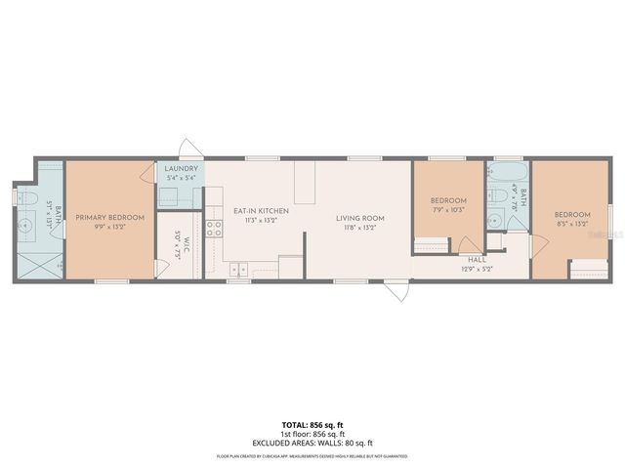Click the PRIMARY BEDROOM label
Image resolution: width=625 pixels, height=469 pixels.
tap(109, 217)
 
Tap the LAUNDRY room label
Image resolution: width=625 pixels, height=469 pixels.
tap(182, 169)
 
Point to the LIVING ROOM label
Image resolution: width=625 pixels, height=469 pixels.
tap(360, 217)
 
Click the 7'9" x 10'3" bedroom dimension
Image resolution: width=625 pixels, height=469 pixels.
tap(449, 210)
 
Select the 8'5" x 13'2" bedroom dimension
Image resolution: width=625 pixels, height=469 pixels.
tap(572, 224)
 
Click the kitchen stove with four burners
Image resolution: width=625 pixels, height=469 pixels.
tap(213, 230)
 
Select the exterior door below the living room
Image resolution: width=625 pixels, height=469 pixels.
tap(395, 290)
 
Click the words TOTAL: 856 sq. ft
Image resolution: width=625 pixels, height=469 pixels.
tap(312, 425)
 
